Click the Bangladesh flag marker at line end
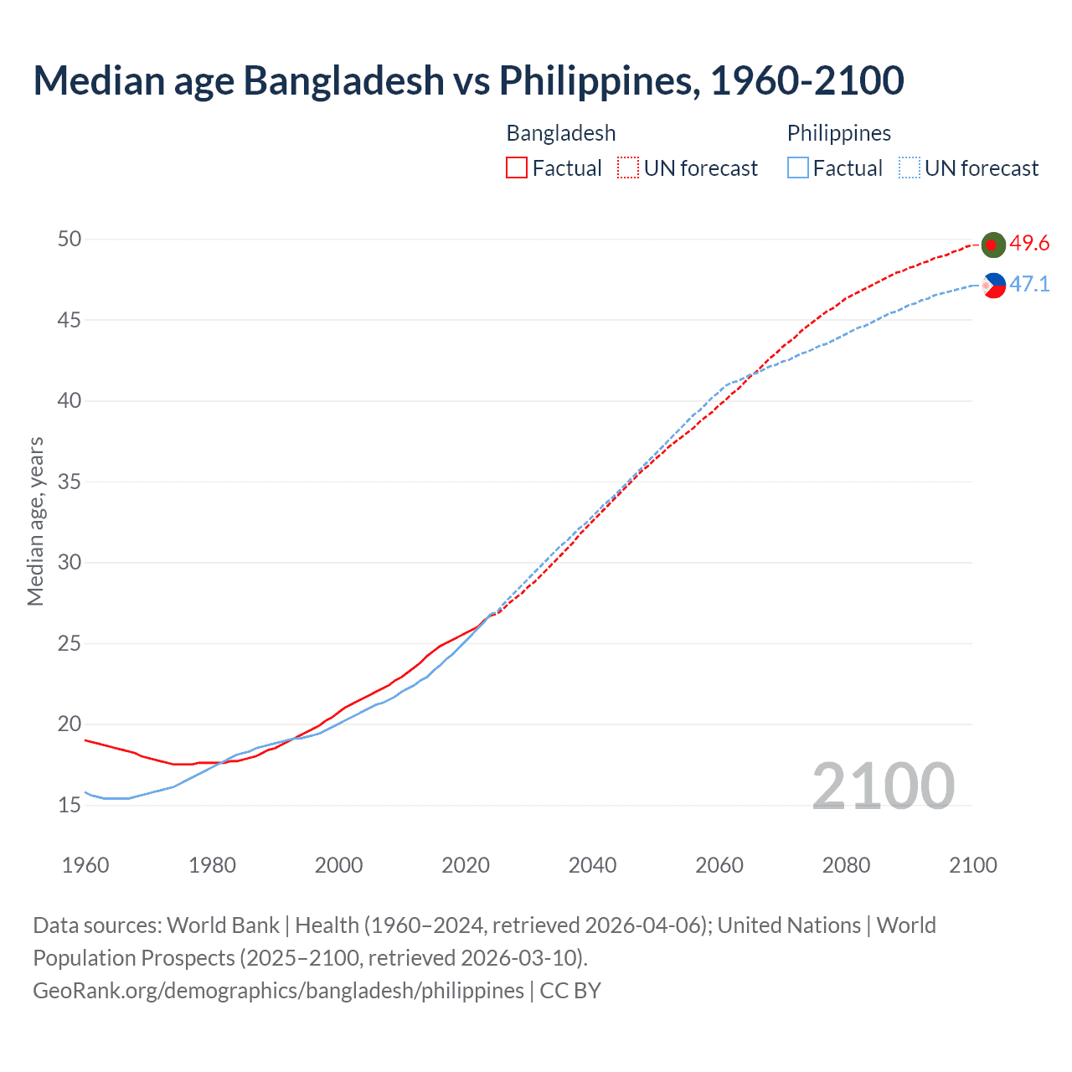click(x=993, y=245)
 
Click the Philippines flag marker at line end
click(x=993, y=286)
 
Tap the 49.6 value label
click(x=1029, y=244)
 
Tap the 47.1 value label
click(x=1029, y=285)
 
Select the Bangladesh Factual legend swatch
click(x=517, y=168)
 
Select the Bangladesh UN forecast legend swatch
click(x=628, y=168)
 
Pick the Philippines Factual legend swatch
click(x=798, y=168)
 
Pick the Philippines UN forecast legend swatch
click(x=910, y=168)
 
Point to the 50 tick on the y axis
click(x=70, y=240)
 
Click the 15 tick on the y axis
click(x=70, y=806)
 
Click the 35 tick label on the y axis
click(x=70, y=482)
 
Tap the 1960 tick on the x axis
click(x=85, y=865)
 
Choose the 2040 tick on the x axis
click(x=592, y=865)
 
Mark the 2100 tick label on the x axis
click(x=972, y=865)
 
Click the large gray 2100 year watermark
click(x=884, y=786)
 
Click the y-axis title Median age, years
click(x=35, y=521)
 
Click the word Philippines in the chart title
click(x=599, y=80)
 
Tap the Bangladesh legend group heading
click(x=561, y=133)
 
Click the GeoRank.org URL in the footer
click(x=278, y=991)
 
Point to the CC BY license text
click(x=570, y=991)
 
